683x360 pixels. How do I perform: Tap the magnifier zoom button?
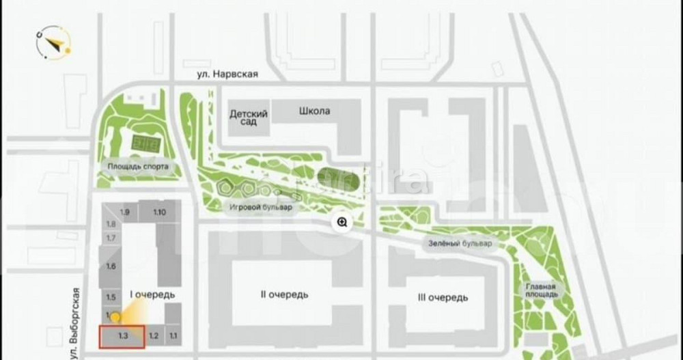[x=341, y=221]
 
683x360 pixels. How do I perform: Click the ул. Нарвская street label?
[x=224, y=73]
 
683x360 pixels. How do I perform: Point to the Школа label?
[x=315, y=111]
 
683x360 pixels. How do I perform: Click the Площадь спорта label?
[x=137, y=166]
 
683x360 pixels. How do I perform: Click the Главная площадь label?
[x=541, y=290]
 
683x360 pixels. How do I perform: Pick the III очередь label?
[x=442, y=298]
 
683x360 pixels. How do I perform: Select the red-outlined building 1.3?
[x=122, y=337]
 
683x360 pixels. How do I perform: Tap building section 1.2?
[x=154, y=336]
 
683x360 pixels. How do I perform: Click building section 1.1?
[x=173, y=336]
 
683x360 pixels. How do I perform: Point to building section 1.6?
[x=111, y=266]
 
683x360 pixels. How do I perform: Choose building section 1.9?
[x=124, y=212]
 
